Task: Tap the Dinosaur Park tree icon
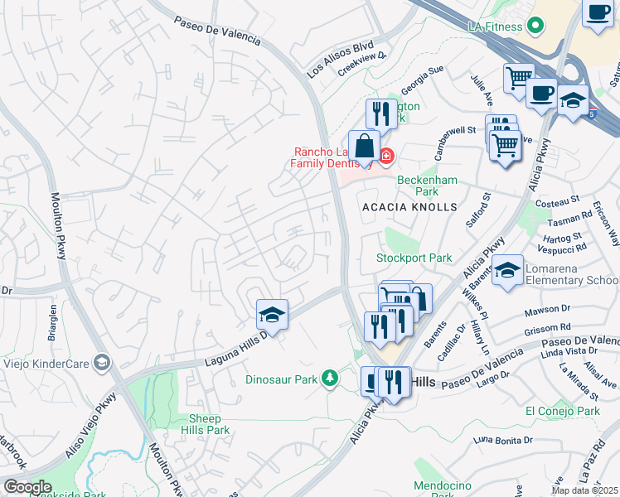pos(331,379)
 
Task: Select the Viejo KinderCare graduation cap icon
pos(101,362)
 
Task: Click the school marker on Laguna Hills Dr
pos(272,315)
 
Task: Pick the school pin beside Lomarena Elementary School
pos(507,270)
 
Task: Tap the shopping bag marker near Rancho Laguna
pos(364,147)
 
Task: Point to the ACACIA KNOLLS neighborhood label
pos(409,206)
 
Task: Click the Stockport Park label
pos(414,258)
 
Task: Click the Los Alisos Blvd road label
pos(341,59)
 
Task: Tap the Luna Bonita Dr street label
pos(502,441)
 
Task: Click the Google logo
pos(27,486)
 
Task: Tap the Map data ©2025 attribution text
pos(584,490)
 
